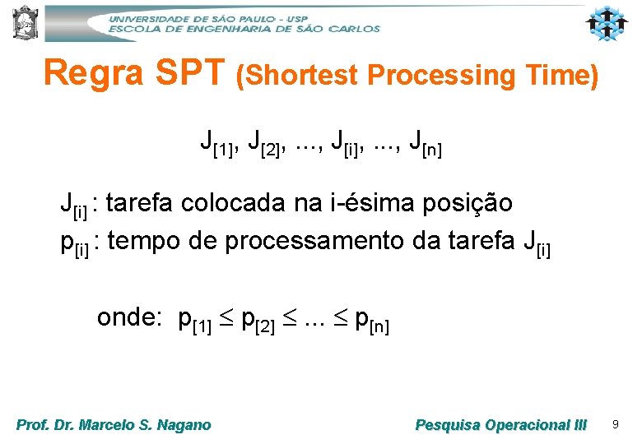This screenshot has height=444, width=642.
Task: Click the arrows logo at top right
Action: coord(607,24)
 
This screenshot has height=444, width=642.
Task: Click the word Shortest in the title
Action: coord(297,76)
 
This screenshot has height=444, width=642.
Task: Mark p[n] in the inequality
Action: coord(371,321)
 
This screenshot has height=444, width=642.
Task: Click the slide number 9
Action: coord(614,424)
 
